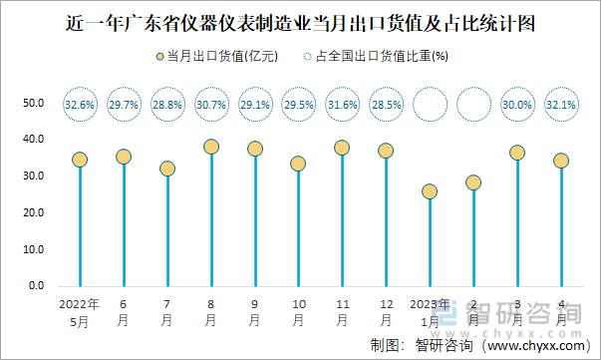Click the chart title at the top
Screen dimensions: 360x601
point(299,21)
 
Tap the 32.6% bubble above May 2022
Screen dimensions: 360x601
point(80,104)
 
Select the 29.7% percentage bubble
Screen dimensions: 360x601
point(124,104)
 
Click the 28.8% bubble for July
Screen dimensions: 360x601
point(167,104)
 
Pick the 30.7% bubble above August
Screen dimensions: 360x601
point(211,104)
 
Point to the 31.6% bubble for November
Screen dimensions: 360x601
point(342,104)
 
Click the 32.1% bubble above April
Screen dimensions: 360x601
point(561,104)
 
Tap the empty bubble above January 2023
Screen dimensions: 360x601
point(430,104)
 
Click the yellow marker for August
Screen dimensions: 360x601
point(211,147)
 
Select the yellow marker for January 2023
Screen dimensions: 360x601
point(430,191)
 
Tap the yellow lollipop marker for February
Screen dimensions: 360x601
point(473,182)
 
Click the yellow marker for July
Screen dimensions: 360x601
point(167,169)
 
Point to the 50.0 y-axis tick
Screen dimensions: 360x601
point(35,103)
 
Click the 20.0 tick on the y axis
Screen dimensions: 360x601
point(35,213)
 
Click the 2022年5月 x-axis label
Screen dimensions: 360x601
point(80,312)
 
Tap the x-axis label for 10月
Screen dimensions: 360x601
point(298,312)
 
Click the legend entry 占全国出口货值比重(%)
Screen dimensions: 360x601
point(375,57)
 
